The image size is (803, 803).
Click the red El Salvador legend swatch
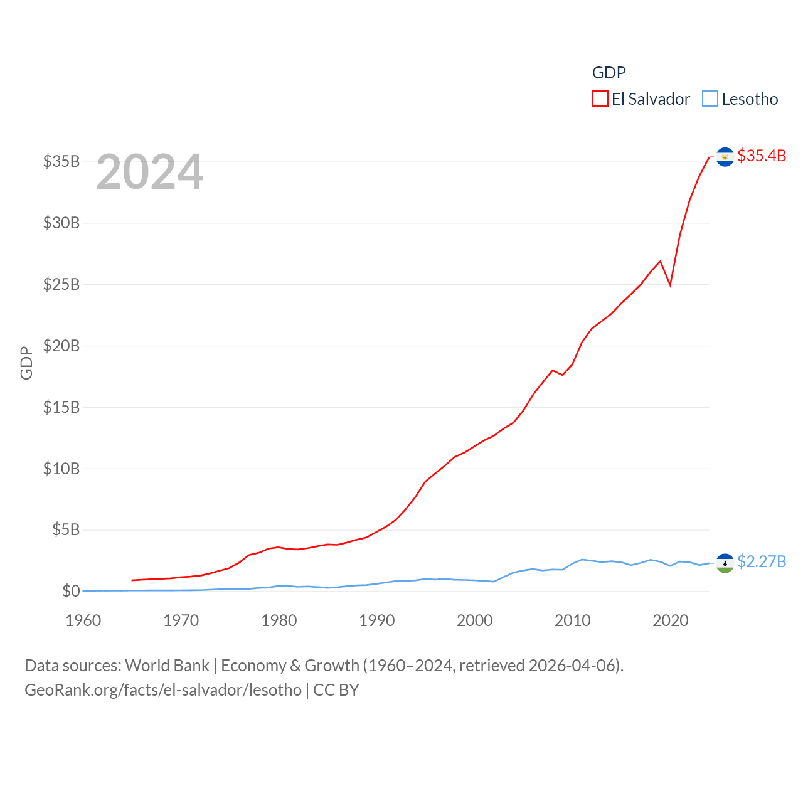coord(600,99)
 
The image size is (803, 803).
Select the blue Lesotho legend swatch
coord(710,99)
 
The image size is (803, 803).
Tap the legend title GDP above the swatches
coord(609,73)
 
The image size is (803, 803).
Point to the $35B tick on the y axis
coord(61,162)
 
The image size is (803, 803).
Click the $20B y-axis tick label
coord(61,346)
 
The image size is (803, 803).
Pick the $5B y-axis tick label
coord(66,530)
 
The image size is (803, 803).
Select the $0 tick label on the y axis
coord(71,591)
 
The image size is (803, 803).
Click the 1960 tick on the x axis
coord(83,620)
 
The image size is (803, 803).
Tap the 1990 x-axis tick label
coord(377,620)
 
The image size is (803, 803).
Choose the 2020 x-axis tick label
coord(671,620)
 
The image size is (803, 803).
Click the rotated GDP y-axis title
coord(26,363)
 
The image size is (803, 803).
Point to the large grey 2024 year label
coord(150,172)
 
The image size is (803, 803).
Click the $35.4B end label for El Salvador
coord(762,156)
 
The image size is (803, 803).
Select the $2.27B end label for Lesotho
coord(762,561)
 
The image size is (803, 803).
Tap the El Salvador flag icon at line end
coord(725,157)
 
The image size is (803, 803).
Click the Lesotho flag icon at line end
coord(725,563)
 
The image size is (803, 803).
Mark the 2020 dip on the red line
coord(670,284)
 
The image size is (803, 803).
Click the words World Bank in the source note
coord(167,666)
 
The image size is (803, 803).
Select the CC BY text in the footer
coord(336,690)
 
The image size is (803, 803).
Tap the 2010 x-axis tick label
coord(573,620)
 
